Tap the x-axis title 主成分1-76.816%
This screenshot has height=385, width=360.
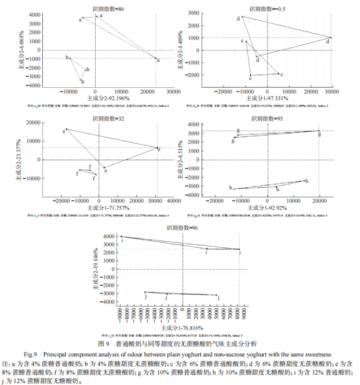(182, 328)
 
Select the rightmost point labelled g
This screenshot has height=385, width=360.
(319, 131)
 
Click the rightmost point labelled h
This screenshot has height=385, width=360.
(304, 181)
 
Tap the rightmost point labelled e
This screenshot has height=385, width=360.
(158, 148)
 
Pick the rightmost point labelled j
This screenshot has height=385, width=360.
(216, 295)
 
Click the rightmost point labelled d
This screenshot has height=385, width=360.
(331, 38)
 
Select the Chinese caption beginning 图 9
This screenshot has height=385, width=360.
(180, 344)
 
